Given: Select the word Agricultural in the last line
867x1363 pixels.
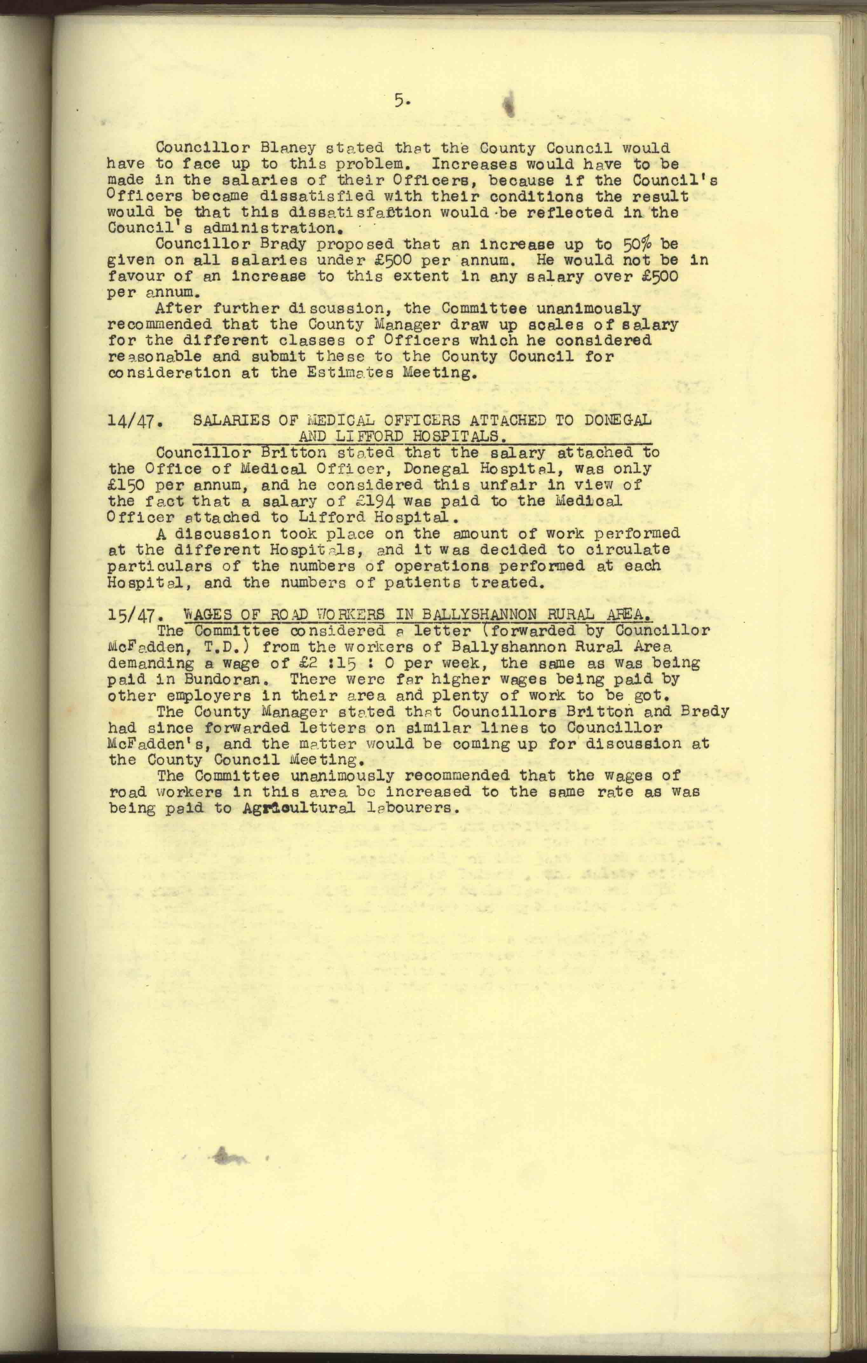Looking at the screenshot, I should coord(298,808).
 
